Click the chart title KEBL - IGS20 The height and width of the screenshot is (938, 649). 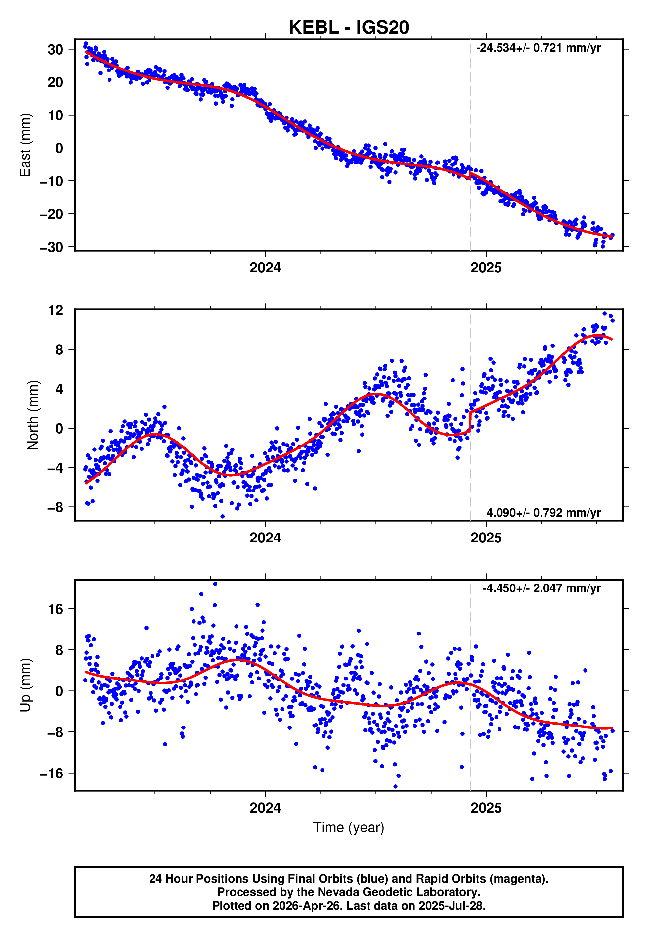click(x=349, y=28)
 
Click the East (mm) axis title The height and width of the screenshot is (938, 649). click(x=25, y=145)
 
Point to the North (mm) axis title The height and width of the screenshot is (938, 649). click(x=33, y=415)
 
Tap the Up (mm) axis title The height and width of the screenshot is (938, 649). click(x=25, y=685)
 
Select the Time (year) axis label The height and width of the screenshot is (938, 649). click(x=349, y=827)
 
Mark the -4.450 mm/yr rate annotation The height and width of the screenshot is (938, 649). click(x=541, y=588)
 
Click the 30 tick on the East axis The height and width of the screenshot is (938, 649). click(x=55, y=50)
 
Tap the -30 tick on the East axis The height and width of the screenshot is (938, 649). click(x=51, y=247)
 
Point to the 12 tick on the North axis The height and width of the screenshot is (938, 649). click(x=56, y=311)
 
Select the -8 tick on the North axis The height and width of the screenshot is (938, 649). click(x=55, y=508)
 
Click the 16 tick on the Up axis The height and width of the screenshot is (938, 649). click(x=56, y=609)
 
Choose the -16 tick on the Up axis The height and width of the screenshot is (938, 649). click(x=51, y=773)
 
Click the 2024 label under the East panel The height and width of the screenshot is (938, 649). click(x=265, y=268)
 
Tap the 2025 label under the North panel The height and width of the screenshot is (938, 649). click(x=486, y=538)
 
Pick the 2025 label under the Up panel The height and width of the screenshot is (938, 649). click(x=486, y=808)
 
